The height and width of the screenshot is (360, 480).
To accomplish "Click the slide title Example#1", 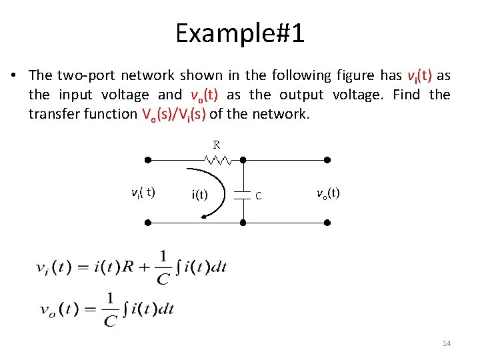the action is (x=240, y=33).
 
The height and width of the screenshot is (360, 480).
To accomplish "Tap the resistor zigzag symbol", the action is (x=218, y=160).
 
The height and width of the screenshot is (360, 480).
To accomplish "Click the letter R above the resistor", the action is (x=217, y=144).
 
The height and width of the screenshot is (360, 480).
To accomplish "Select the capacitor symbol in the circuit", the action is (x=243, y=194).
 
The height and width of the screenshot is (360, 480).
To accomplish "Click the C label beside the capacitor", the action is (x=258, y=195).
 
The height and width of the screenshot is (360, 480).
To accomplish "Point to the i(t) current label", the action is (x=199, y=195).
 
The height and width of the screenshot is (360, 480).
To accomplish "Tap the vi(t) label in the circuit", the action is (x=143, y=193).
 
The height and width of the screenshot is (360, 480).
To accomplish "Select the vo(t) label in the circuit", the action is (x=327, y=193).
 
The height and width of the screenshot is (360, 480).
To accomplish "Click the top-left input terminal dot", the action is (x=147, y=160).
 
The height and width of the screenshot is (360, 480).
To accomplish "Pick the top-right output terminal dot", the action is (x=327, y=160).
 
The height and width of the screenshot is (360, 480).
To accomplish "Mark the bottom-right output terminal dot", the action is (x=327, y=222).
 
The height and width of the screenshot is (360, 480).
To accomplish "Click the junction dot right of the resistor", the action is (x=243, y=160).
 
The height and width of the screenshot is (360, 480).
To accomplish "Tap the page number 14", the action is (x=447, y=343).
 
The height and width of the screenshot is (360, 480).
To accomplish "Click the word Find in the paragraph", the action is (x=406, y=95).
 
